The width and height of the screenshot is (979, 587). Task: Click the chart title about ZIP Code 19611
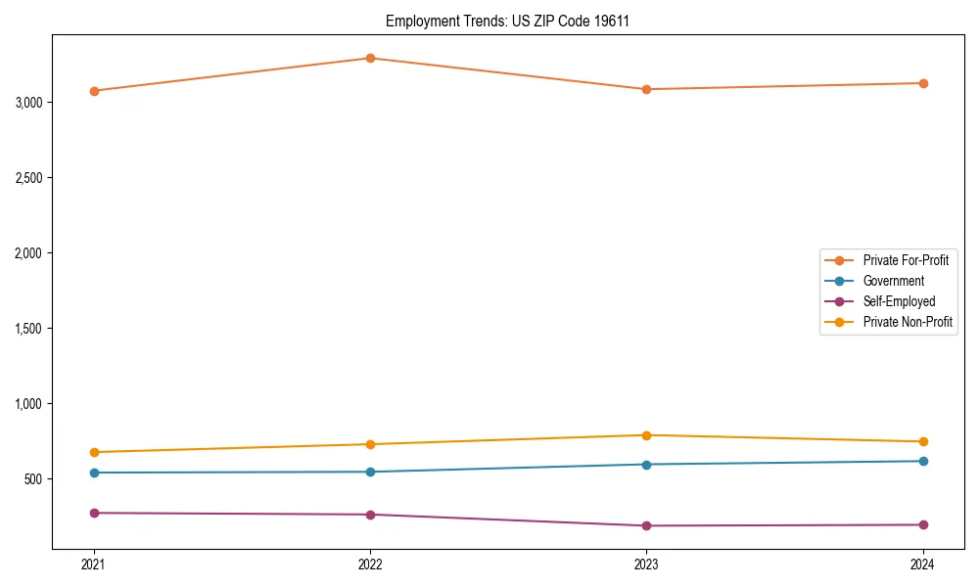click(507, 21)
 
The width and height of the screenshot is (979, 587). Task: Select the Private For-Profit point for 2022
click(370, 58)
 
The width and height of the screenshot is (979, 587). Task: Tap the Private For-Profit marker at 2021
click(94, 91)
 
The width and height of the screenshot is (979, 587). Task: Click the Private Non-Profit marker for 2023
click(646, 435)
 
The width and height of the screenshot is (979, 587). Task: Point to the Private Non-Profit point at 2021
click(94, 452)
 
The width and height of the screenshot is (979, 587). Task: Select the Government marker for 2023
click(646, 465)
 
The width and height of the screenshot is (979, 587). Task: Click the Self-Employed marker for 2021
click(94, 513)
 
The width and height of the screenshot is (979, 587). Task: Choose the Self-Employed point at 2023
click(646, 526)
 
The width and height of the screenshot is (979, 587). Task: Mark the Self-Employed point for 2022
click(370, 515)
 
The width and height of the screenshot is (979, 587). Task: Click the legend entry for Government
click(893, 281)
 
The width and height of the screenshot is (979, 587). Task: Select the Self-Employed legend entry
click(899, 301)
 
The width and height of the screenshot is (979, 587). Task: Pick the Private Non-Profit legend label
click(908, 322)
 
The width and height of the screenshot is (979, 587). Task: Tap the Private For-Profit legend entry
click(906, 260)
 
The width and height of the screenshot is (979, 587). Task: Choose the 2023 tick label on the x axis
click(646, 564)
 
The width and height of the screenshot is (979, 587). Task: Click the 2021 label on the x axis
click(94, 564)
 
